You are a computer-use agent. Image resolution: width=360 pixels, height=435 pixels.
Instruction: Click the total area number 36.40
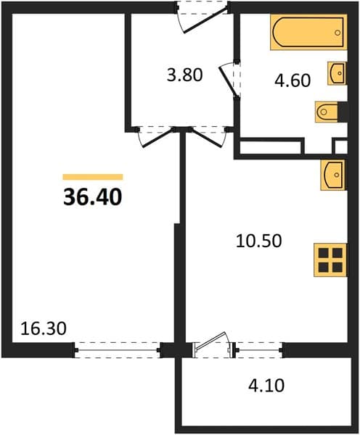[x=93, y=197]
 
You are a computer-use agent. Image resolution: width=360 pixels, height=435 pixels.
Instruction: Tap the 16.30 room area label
[x=44, y=328]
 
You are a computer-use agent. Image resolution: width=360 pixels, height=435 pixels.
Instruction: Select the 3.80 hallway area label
[x=185, y=75]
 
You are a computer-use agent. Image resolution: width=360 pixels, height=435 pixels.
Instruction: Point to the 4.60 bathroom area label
[x=292, y=80]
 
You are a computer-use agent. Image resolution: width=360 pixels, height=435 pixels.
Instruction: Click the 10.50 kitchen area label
[x=259, y=241]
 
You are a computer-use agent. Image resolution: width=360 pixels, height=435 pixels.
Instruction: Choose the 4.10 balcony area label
[x=266, y=386]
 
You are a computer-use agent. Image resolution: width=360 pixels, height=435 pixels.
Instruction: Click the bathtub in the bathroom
[x=308, y=33]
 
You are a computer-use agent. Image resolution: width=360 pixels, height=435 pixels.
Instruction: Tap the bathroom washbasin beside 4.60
[x=337, y=73]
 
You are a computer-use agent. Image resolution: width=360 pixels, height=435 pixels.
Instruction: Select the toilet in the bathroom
[x=327, y=112]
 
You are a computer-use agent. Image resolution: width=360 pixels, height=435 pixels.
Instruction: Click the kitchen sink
[x=332, y=175]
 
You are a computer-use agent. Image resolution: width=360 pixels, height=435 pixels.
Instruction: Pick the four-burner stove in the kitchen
[x=330, y=260]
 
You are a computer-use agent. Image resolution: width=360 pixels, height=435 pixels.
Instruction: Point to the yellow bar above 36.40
[x=93, y=177]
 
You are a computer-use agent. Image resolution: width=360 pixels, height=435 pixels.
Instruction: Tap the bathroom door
[x=230, y=79]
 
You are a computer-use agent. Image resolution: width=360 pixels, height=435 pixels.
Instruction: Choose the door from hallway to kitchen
[x=208, y=137]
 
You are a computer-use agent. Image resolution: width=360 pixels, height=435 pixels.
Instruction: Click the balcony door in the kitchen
[x=212, y=344]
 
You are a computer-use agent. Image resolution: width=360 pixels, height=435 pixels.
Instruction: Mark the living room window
[x=117, y=350]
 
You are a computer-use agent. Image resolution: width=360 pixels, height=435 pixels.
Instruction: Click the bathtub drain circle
[x=337, y=33]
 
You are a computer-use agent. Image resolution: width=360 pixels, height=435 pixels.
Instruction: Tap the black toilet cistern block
[x=343, y=112]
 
